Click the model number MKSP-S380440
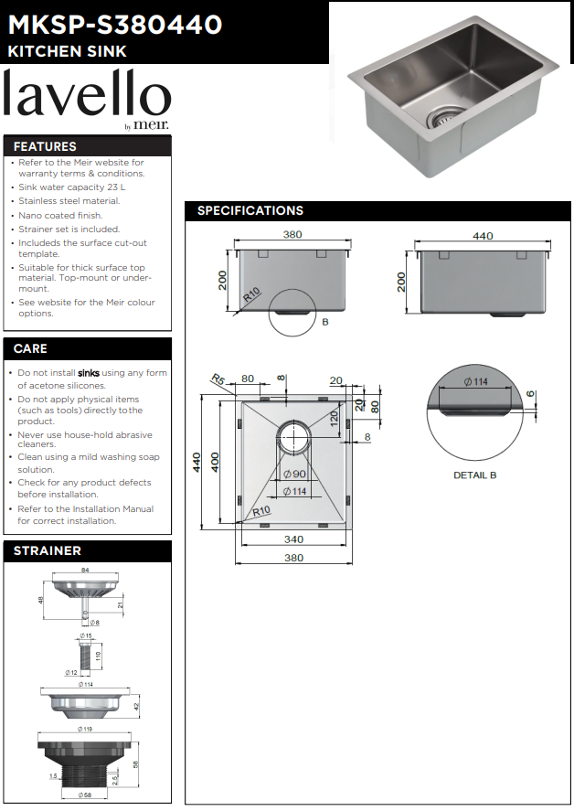pyautogui.click(x=114, y=25)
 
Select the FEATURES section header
pyautogui.click(x=45, y=146)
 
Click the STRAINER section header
pyautogui.click(x=47, y=550)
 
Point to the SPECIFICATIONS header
pyautogui.click(x=250, y=211)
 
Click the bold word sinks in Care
pyautogui.click(x=89, y=373)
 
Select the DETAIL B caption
pyautogui.click(x=474, y=475)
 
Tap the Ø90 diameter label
pyautogui.click(x=293, y=475)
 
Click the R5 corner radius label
pyautogui.click(x=218, y=379)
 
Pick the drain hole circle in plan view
pyautogui.click(x=293, y=437)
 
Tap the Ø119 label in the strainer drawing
pyautogui.click(x=86, y=730)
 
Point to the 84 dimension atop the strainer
pyautogui.click(x=85, y=571)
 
